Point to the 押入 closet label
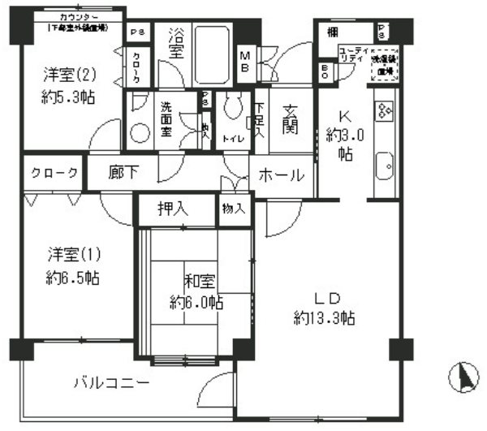pos(173,209)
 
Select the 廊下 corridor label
pos(124,173)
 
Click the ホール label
pos(282,175)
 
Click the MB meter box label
pos(244,62)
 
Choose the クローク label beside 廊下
pos(54,173)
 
